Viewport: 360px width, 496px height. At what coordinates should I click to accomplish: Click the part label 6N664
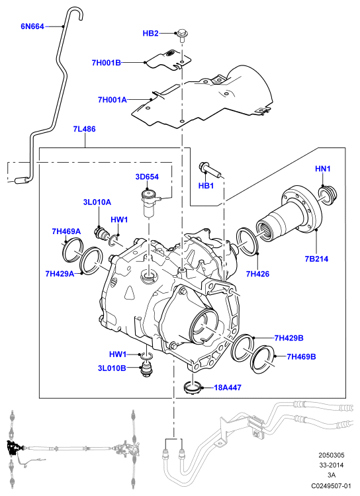(x=32, y=26)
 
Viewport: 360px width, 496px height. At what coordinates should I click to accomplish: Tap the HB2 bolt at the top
(x=181, y=35)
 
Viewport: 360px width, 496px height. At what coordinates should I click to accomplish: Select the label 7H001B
(x=107, y=63)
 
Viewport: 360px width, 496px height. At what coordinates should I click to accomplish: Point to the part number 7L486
(x=84, y=129)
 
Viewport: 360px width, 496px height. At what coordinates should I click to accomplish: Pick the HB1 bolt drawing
(x=210, y=169)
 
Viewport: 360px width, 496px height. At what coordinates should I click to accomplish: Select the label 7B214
(x=316, y=259)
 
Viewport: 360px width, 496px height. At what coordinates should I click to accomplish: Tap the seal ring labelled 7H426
(x=247, y=241)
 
